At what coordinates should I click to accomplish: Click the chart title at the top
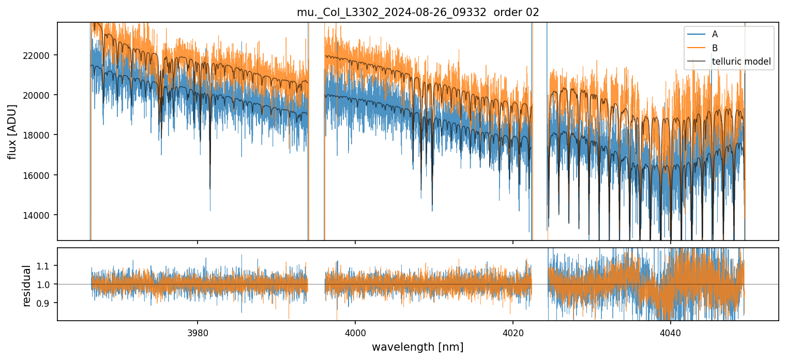tap(418, 12)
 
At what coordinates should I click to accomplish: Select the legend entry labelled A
tap(715, 34)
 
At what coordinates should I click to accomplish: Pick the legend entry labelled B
tap(715, 48)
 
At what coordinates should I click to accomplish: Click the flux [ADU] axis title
tap(12, 131)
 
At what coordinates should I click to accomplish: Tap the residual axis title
tap(27, 284)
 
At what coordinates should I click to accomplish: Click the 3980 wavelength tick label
tap(198, 332)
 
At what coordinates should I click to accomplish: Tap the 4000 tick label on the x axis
tap(355, 332)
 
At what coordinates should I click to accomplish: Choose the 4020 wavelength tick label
tap(513, 332)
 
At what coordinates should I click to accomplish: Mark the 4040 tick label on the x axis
tap(671, 332)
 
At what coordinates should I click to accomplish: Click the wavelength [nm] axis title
tap(418, 347)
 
